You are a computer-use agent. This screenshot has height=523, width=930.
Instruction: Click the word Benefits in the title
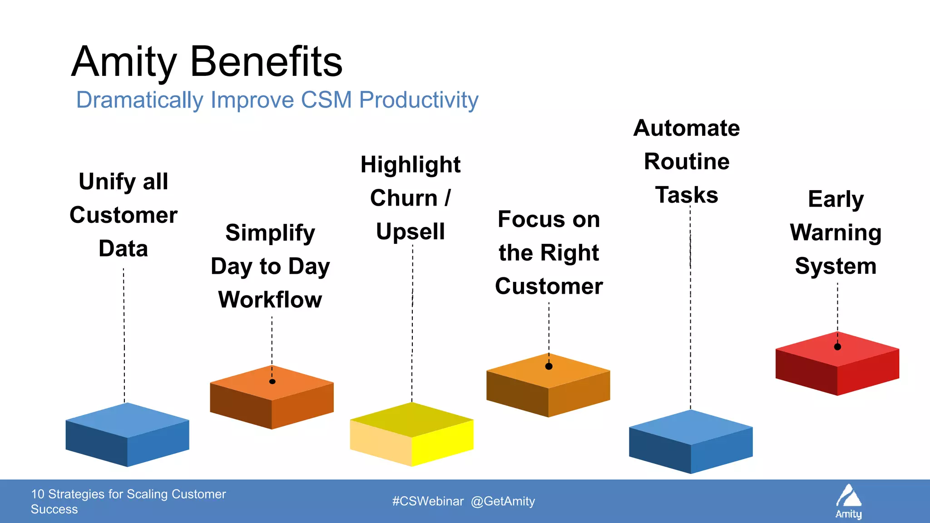(266, 62)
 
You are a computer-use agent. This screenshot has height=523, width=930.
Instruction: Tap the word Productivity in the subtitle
(419, 100)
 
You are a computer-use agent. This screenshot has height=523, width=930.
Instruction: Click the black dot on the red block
(837, 347)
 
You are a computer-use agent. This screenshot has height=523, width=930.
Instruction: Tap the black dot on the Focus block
(549, 366)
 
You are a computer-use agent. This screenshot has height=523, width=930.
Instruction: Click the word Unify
(107, 182)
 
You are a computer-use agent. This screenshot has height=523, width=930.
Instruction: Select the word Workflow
(270, 300)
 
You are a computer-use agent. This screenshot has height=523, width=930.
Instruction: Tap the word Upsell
(410, 232)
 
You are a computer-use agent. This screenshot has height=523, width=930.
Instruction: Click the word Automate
(687, 128)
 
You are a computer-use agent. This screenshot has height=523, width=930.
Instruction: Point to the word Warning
(836, 233)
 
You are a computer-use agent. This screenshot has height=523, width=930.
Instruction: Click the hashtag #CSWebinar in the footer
(428, 501)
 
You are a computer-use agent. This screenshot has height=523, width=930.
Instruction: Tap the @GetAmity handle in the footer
(503, 501)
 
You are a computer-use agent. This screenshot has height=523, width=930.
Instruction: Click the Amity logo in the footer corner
(849, 501)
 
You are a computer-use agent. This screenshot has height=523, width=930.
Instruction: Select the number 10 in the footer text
(37, 494)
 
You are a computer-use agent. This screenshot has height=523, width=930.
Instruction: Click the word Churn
(404, 198)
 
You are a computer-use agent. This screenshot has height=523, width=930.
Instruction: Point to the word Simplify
(270, 233)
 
